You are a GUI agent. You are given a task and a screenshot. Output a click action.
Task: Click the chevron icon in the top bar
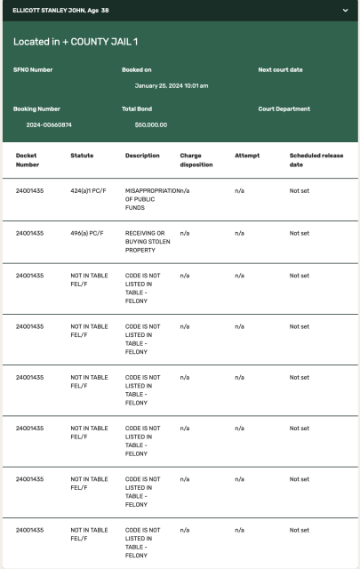coord(345,10)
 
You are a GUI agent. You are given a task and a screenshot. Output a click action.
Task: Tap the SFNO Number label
coord(33,68)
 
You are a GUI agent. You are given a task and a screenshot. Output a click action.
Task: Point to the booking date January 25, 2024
coord(172,85)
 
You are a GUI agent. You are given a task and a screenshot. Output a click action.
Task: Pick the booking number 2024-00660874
coord(49,124)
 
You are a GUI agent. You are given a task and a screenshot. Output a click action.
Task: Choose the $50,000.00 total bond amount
coord(150,124)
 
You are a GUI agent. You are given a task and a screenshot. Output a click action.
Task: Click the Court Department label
coord(284,109)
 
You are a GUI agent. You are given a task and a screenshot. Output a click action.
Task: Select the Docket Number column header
coord(28,159)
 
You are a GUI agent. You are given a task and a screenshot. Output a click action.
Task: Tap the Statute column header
coord(82,156)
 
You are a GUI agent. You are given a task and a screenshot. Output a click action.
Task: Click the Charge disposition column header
coord(196,159)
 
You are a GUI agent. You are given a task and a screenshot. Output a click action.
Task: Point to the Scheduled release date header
coord(316,159)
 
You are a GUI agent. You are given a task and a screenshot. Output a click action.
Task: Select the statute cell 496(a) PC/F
coord(87,233)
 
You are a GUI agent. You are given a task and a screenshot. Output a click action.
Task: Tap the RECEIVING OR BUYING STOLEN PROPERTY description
coord(144,242)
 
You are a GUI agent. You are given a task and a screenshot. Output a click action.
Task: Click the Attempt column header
coord(246,156)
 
